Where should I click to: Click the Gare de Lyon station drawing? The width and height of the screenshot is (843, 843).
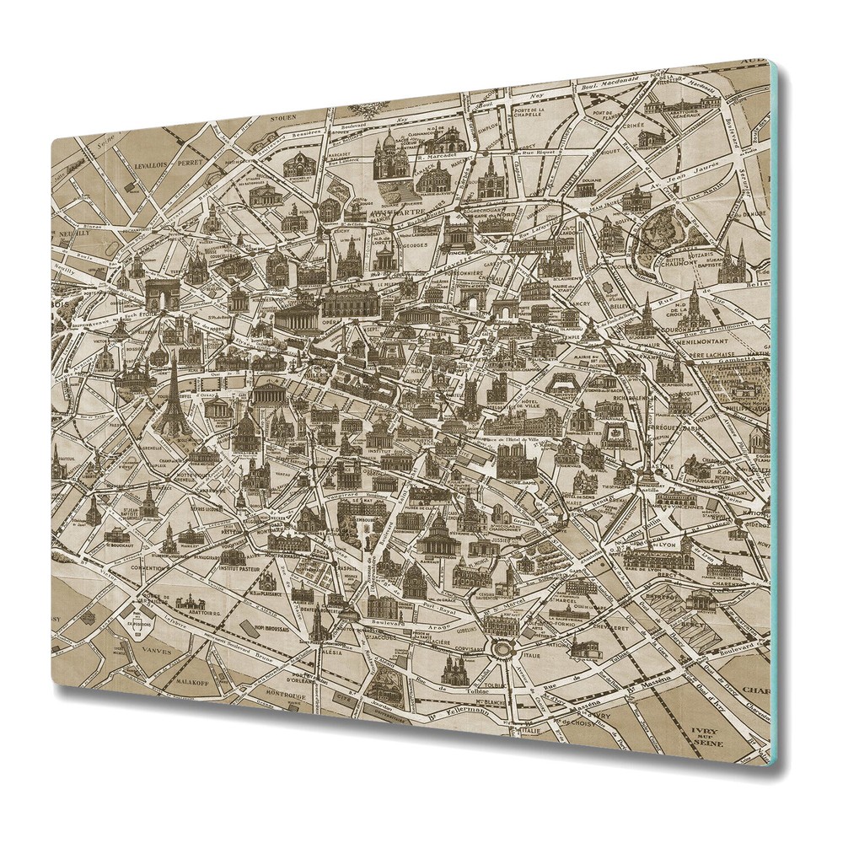(x=670, y=553)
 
